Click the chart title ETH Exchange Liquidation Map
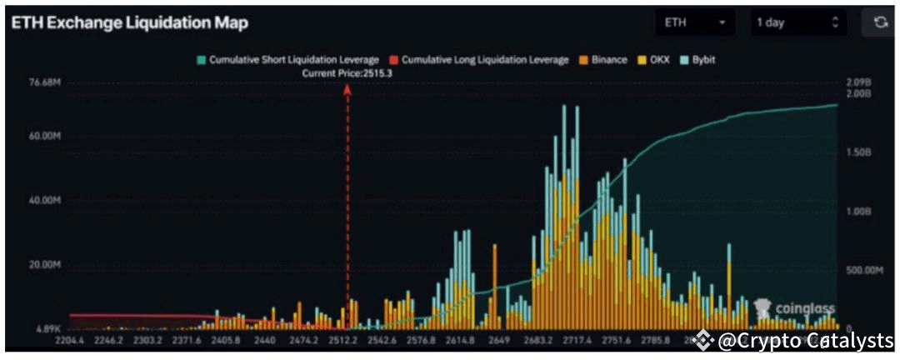[x=129, y=23]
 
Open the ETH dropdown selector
[x=695, y=23]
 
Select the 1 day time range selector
[x=797, y=23]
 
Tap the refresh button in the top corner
[x=880, y=23]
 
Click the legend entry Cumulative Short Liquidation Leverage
[x=287, y=60]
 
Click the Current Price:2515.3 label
[x=347, y=73]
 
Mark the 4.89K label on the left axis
[x=47, y=328]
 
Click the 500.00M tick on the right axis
[x=862, y=270]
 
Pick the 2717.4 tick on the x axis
[x=577, y=340]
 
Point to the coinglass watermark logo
[x=793, y=308]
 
